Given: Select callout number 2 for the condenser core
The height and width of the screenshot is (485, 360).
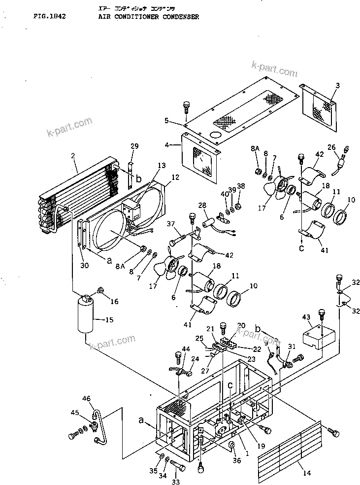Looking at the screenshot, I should pos(73,156).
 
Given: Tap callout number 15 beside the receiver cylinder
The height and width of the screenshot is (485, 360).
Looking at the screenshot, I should pos(109,320).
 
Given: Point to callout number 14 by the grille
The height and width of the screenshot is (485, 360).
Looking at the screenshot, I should pos(306,474).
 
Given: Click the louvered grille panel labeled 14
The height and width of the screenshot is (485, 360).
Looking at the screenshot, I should pos(291,446).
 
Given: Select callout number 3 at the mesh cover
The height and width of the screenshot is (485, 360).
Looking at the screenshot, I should pos(337,86).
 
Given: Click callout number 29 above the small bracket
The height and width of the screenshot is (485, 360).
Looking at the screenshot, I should pos(135,146).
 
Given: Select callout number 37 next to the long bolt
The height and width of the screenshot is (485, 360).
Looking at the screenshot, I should pos(171,225).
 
